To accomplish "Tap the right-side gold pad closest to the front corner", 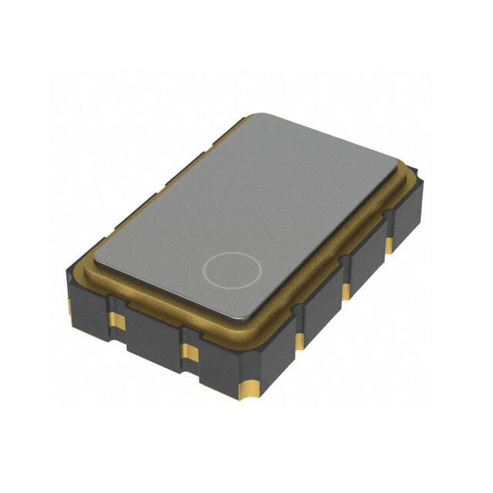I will [299, 340].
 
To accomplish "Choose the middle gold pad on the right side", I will [347, 291].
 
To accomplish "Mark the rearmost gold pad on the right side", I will [389, 245].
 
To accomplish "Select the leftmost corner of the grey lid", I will [92, 258].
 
